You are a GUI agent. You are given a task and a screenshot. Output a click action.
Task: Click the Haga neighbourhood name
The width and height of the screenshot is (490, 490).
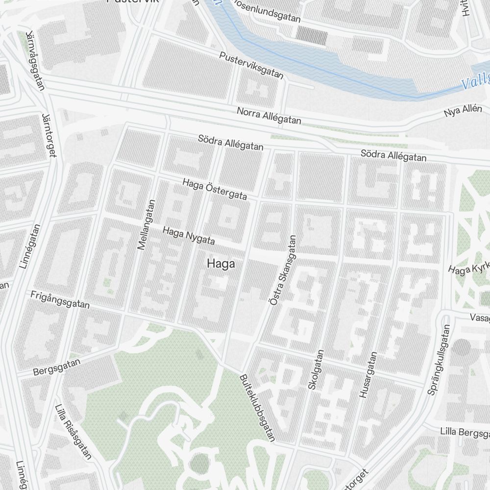221,264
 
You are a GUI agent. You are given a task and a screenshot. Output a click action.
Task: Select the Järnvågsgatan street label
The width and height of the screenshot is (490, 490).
35,61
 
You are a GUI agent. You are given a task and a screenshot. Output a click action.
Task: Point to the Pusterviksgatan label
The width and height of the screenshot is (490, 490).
251,65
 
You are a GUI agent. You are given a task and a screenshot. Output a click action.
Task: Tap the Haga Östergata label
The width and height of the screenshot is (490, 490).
215,189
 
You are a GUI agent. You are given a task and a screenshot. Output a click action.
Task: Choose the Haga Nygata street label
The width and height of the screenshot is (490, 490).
189,236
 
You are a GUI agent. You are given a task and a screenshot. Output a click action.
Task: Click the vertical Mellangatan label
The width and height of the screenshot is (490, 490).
147,225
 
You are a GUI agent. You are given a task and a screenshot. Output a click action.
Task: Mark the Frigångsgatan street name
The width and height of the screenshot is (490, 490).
60,300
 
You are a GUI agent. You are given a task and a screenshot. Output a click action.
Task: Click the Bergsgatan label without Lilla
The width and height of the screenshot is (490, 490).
56,366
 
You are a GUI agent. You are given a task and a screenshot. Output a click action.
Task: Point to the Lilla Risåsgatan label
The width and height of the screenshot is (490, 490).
73,432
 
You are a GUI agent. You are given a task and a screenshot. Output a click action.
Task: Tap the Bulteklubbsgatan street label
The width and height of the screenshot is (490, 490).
258,409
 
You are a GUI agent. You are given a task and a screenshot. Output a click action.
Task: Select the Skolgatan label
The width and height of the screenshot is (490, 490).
316,369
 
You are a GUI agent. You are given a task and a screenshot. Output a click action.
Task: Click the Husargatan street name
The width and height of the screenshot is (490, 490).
368,374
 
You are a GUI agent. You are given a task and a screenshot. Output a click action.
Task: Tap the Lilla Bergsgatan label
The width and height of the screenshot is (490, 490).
464,433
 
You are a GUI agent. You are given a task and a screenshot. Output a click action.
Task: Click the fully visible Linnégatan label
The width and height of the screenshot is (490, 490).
30,246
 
